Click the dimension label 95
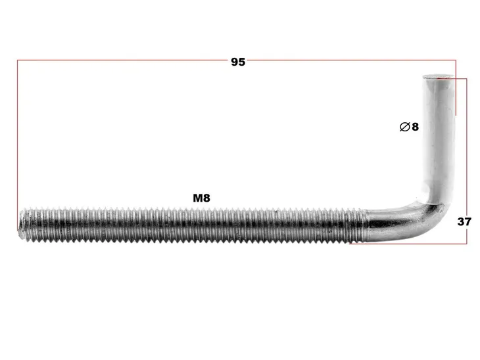coord(238,62)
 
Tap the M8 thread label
coord(201,198)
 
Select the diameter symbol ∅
coord(404,127)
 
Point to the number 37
coord(464,221)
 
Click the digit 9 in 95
coord(235,62)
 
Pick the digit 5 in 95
coord(242,62)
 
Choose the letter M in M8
coord(198,198)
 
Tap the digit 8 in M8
coord(207,198)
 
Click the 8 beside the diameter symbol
coord(415,127)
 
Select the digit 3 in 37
coord(461,221)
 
